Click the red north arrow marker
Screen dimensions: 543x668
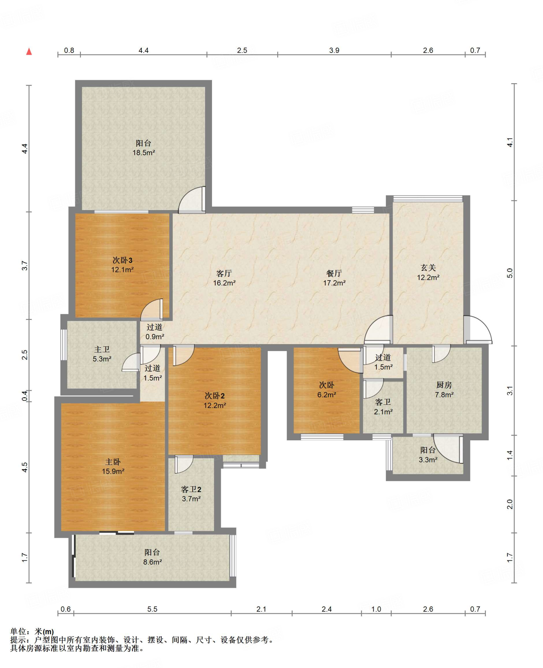pos(29,51)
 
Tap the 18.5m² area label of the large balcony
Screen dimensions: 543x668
pos(143,153)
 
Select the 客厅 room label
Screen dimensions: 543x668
pos(224,273)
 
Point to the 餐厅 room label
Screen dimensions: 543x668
pos(334,273)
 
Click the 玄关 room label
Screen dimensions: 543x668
pos(428,268)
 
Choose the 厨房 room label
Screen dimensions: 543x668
pos(444,385)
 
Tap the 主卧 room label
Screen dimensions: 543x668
pos(113,462)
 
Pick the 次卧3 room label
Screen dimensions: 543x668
pos(122,260)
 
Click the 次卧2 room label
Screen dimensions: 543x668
pos(215,396)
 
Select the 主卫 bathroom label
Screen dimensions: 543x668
pos(102,349)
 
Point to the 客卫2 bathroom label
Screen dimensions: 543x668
pos(191,489)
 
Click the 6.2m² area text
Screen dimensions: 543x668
pos(326,395)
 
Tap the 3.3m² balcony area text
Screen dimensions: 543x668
pos(428,460)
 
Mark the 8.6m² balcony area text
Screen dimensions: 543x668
pos(152,562)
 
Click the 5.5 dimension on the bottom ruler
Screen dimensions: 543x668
pos(152,609)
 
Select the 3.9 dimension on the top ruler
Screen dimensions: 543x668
pos(334,50)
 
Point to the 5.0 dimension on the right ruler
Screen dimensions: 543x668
pos(510,273)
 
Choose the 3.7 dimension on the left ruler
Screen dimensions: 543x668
pos(24,266)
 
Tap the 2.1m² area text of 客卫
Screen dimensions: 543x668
pos(383,412)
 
